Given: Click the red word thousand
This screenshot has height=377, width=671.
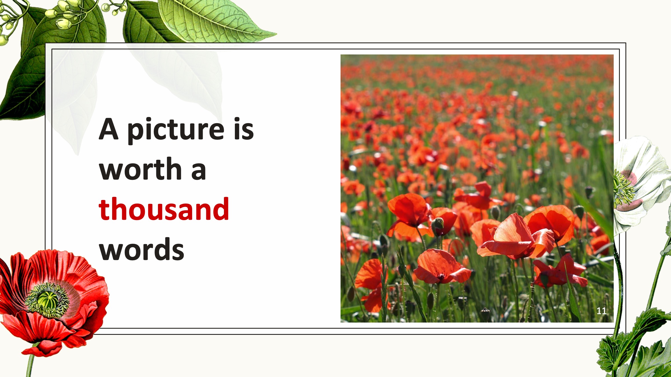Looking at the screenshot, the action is point(164,209).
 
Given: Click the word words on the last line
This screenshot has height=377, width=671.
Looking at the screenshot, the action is point(141,249).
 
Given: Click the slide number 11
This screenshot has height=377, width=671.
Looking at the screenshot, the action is point(601,311).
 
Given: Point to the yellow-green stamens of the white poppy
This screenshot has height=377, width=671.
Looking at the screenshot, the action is point(623,188).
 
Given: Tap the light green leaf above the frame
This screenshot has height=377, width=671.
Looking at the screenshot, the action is point(215,21).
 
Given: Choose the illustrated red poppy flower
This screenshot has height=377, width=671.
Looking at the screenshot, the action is point(53,302).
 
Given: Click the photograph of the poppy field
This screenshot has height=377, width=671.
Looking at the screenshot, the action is point(477,188).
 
